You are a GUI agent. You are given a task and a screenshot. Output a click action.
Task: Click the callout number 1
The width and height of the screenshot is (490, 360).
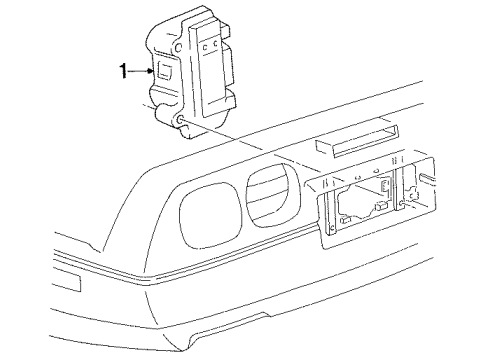coord(124,70)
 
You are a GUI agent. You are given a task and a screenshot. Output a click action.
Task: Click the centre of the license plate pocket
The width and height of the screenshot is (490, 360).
coord(371,206)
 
